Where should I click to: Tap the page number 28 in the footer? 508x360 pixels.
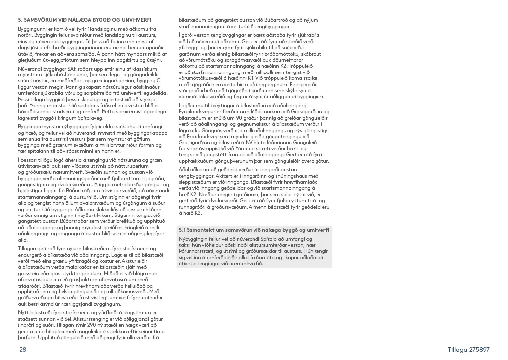[x=23, y=350]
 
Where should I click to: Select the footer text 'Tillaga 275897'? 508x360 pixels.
[x=469, y=350]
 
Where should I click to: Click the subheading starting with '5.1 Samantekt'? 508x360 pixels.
[x=254, y=230]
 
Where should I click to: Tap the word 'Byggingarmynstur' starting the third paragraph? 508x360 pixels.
[x=41, y=126]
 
